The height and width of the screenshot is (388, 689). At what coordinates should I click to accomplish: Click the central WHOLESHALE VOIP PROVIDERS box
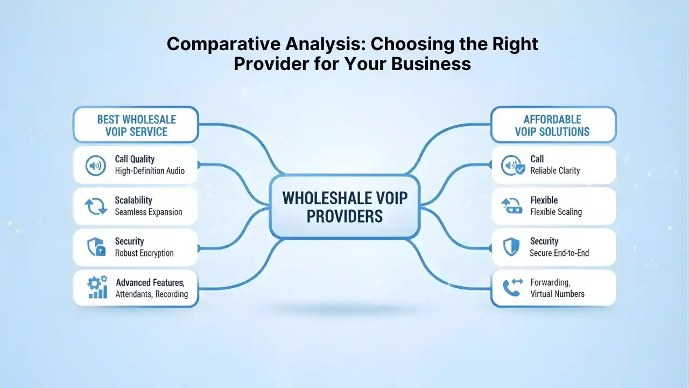(344, 206)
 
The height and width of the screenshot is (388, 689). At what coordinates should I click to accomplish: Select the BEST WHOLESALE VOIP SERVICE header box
(136, 125)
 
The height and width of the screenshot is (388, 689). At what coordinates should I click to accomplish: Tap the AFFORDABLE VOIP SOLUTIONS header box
(553, 125)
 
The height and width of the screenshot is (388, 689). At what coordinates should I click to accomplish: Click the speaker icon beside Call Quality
(96, 165)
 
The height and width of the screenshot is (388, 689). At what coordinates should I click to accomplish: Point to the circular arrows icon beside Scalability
(96, 206)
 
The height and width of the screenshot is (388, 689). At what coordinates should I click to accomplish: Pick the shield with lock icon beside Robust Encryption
(96, 247)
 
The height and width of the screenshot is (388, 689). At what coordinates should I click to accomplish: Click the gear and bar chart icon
(97, 288)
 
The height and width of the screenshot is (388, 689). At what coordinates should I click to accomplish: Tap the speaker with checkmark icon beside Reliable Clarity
(512, 165)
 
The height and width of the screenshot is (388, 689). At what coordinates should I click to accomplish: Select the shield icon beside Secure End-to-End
(510, 247)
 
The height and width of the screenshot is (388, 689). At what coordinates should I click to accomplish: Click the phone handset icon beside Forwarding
(511, 288)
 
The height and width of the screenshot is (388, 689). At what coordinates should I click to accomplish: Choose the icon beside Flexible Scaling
(511, 206)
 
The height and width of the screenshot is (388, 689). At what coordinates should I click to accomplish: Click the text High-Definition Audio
(150, 171)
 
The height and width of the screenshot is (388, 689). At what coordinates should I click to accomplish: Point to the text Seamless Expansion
(149, 212)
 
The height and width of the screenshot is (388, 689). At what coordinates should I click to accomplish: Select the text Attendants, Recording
(152, 294)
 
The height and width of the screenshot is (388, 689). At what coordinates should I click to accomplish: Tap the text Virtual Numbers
(557, 294)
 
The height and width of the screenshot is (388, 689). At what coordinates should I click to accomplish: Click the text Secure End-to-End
(559, 253)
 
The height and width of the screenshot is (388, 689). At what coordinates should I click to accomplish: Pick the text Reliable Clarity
(555, 171)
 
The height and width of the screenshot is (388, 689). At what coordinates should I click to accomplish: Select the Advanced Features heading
(150, 282)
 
